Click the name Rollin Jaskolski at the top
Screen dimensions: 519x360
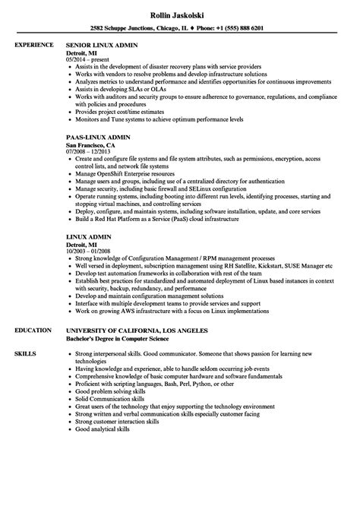(180, 9)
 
